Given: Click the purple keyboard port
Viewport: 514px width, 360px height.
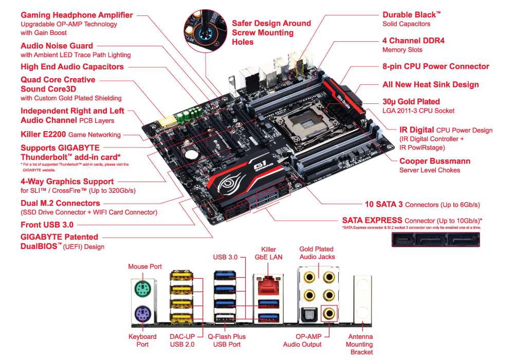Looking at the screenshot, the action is tap(142, 314).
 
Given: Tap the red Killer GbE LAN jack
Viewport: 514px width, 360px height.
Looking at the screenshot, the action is tap(268, 286).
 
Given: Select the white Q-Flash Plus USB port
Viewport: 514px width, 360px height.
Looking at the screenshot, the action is tap(225, 317).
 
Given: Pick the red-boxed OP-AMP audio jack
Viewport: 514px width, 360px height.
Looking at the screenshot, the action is tap(329, 314).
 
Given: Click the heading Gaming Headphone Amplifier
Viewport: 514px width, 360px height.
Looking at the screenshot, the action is tap(77, 15).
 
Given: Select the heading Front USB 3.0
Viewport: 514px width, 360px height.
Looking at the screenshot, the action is tap(47, 225).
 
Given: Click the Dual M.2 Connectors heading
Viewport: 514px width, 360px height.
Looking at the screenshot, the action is tap(60, 203).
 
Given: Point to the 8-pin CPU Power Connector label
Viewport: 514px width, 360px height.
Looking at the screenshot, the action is tap(436, 66).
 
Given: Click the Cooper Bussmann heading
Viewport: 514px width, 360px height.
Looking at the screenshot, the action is tap(435, 161).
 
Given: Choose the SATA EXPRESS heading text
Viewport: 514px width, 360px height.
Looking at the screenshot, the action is tap(372, 220).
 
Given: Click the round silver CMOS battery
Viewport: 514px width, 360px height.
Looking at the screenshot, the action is tap(190, 154).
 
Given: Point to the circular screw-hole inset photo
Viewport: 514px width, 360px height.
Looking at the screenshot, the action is tap(205, 31).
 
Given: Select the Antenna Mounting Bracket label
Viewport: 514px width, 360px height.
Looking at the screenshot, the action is tap(360, 344).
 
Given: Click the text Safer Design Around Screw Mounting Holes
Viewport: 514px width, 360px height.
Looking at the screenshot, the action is tap(271, 32).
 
